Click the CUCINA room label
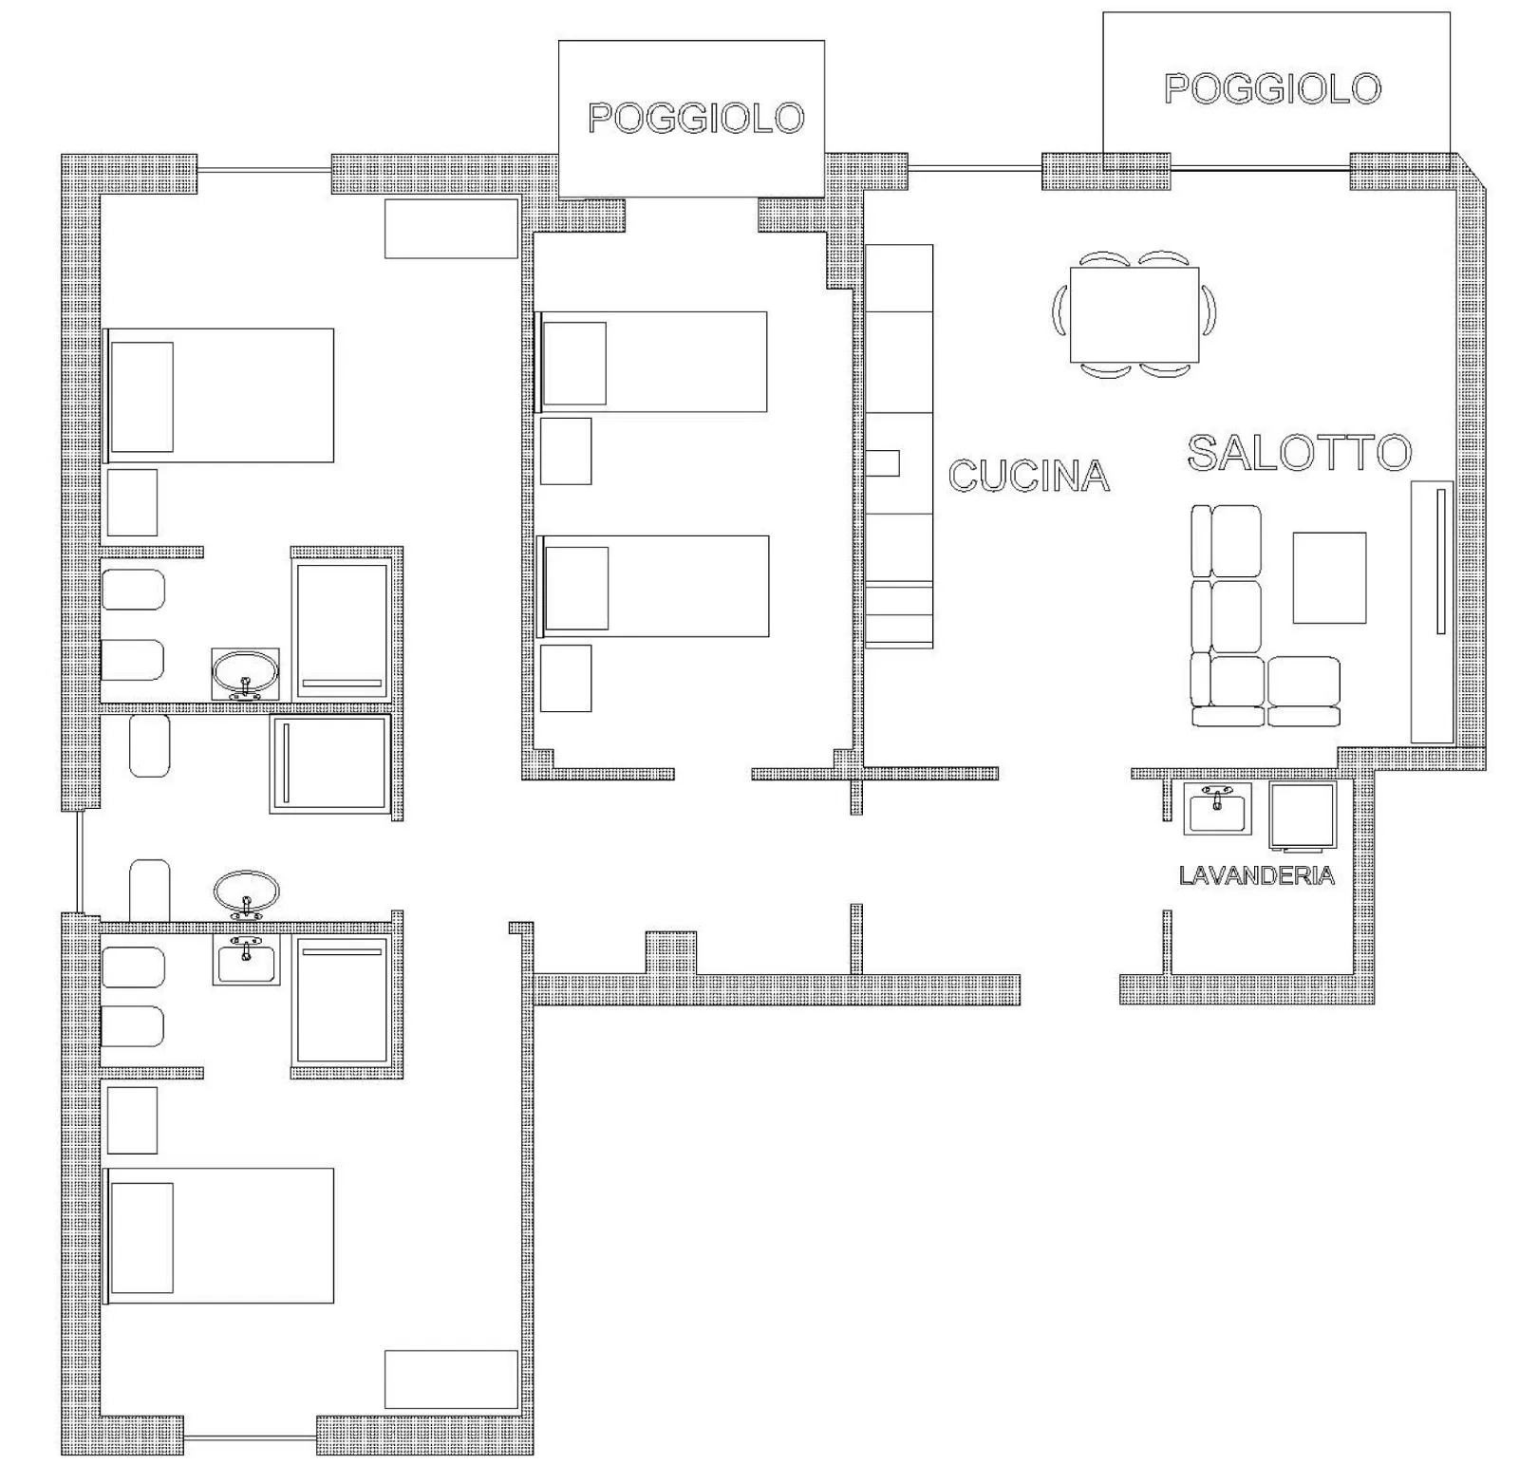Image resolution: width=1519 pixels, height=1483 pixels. point(1029,476)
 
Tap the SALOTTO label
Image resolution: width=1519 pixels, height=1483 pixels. point(1300,452)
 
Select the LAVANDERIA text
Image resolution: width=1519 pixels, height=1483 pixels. point(1257,875)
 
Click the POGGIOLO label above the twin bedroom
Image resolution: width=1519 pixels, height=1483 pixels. point(696,118)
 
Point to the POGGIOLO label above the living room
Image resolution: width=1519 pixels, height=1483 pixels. point(1272,88)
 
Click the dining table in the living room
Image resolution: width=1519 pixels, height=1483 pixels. point(1135,315)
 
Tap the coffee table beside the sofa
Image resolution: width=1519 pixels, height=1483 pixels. point(1329,577)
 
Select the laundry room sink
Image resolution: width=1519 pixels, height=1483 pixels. point(1217,809)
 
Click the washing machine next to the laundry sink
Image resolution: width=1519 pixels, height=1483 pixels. point(1303,815)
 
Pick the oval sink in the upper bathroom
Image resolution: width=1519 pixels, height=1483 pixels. point(246,674)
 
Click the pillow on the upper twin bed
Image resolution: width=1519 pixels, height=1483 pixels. point(573,363)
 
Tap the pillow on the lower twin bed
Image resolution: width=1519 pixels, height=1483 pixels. point(576,588)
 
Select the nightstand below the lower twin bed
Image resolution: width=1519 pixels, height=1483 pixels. point(566,678)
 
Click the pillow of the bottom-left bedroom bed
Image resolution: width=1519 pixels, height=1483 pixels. point(141,1237)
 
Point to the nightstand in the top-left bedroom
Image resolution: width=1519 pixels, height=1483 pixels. point(132,502)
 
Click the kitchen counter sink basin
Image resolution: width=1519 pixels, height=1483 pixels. point(883,463)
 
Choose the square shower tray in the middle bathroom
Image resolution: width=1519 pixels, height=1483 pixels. point(330,763)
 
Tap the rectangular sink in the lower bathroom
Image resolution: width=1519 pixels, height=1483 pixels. point(246,960)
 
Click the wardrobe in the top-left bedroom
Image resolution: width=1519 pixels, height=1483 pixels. point(451,229)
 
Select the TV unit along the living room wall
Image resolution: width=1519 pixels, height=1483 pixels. point(1432,611)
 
